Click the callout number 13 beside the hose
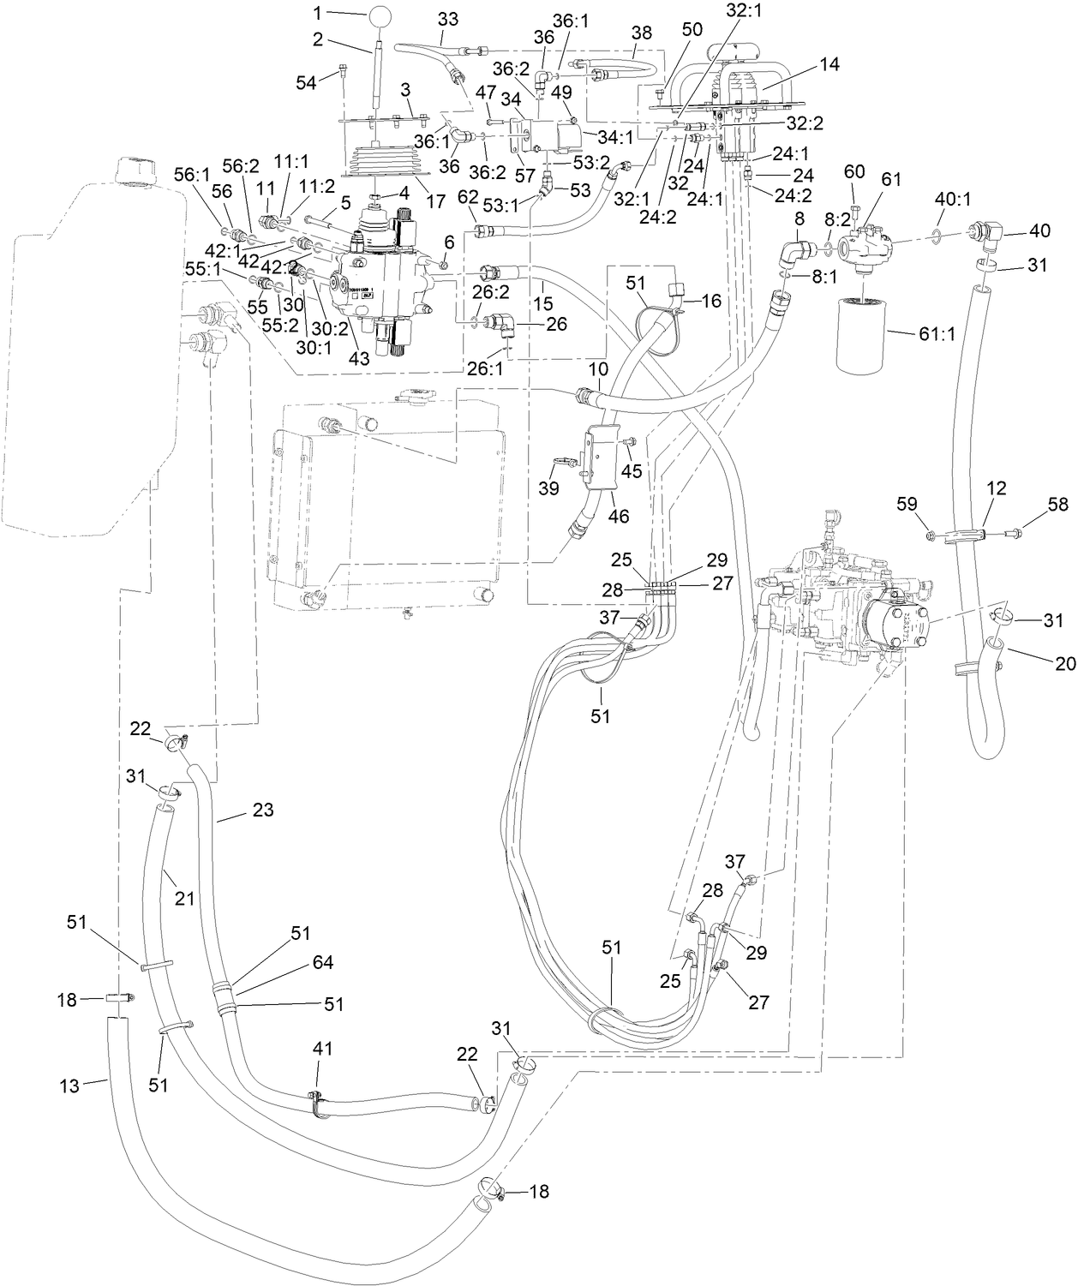(69, 1086)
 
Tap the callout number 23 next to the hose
(262, 810)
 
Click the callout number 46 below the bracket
(618, 517)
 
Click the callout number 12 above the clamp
(997, 487)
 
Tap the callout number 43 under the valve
(359, 358)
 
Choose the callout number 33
(447, 18)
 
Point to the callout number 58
(1058, 504)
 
